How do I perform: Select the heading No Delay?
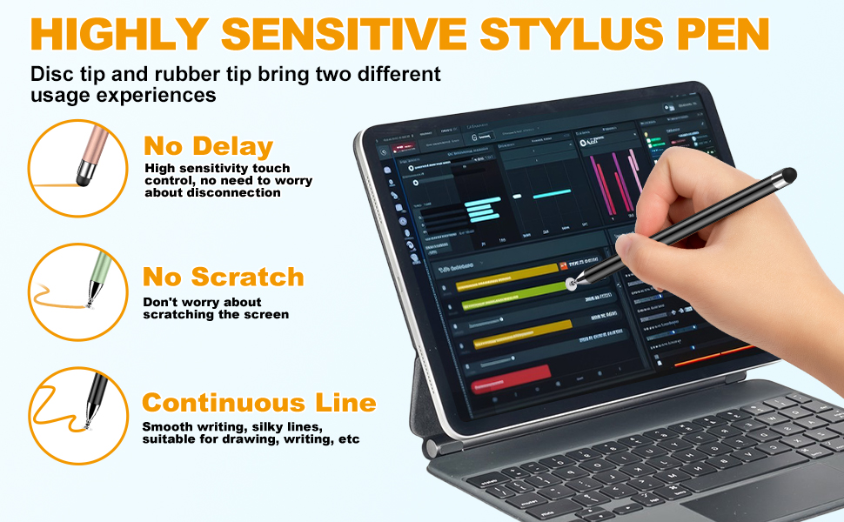pyautogui.click(x=209, y=145)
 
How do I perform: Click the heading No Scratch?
pyautogui.click(x=224, y=277)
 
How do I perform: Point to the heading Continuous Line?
pyautogui.click(x=258, y=403)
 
